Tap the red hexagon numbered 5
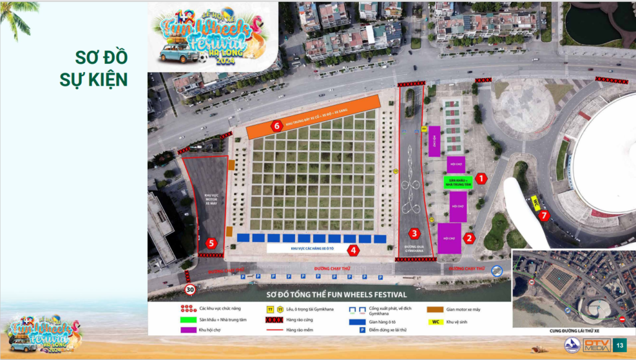[x=212, y=243]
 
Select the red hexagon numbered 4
[x=353, y=250]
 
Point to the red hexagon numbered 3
[x=415, y=233]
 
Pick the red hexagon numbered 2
[x=470, y=237]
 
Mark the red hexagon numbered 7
[x=545, y=216]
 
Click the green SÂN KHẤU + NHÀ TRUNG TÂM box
[x=458, y=182]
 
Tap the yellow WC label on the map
[x=535, y=202]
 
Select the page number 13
[x=620, y=344]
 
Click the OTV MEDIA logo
[x=596, y=344]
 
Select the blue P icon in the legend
[x=362, y=330]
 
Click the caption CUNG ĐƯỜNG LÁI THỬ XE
[x=573, y=331]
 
